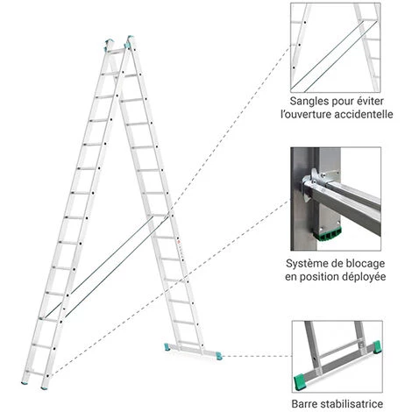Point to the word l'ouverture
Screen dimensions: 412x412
coord(308,115)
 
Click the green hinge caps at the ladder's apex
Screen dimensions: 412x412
coord(120,41)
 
